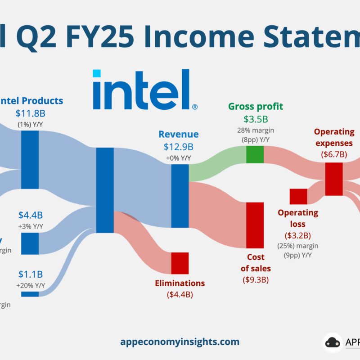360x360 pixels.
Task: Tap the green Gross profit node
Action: (x=255, y=154)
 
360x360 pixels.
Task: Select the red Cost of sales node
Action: (x=255, y=225)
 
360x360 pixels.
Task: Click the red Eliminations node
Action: (x=180, y=263)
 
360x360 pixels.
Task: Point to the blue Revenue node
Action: (x=180, y=196)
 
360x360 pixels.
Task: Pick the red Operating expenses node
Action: (x=334, y=179)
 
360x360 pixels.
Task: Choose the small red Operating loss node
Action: (x=298, y=196)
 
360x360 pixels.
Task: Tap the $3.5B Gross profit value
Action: (x=255, y=119)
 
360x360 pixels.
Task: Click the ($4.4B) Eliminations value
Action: (x=180, y=295)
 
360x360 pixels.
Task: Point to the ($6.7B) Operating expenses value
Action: (x=334, y=154)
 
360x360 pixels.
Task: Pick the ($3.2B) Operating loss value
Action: (x=298, y=235)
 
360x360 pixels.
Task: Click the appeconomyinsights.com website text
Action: (x=180, y=342)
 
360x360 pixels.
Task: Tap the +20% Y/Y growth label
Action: (x=31, y=285)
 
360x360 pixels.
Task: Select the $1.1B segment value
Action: (x=31, y=274)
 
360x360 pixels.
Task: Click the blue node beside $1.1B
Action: (x=30, y=294)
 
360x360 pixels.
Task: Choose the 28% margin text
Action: (x=255, y=130)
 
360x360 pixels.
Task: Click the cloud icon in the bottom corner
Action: (x=333, y=342)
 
